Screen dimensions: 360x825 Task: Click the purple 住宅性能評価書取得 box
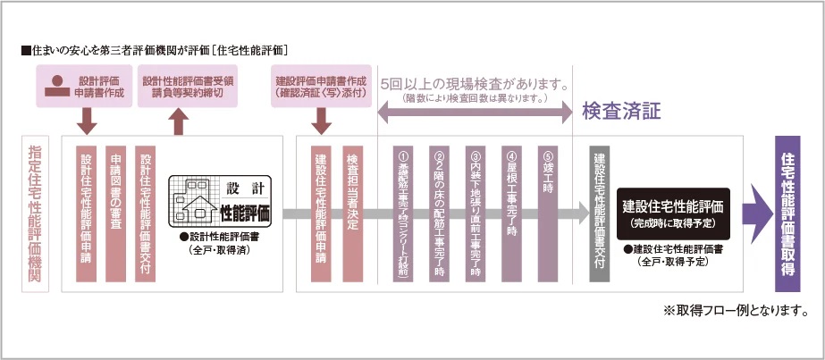pos(787,214)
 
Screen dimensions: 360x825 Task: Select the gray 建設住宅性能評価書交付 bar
pos(600,214)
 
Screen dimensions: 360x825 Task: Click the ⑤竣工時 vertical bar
pos(548,214)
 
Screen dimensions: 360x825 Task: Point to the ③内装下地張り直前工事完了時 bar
pos(475,214)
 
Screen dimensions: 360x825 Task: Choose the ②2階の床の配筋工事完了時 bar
pos(439,214)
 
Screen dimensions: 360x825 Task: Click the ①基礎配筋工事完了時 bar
pos(401,214)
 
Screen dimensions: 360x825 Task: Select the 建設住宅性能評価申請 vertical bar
pos(321,214)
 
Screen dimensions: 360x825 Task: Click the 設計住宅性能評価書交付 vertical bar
pos(147,214)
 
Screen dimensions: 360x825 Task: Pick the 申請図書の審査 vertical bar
pos(116,214)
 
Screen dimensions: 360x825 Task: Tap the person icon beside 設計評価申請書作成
pos(57,86)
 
